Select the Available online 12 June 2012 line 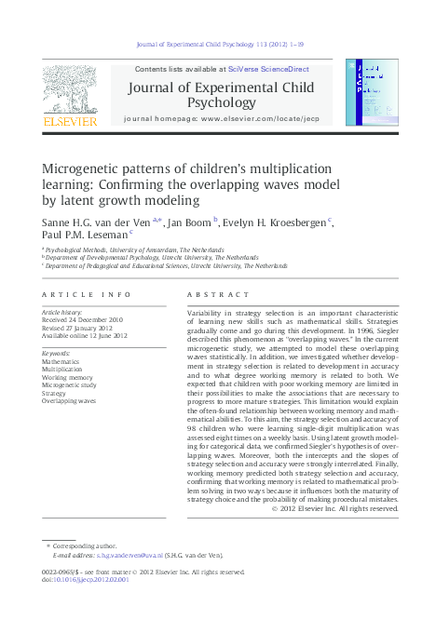86,335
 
